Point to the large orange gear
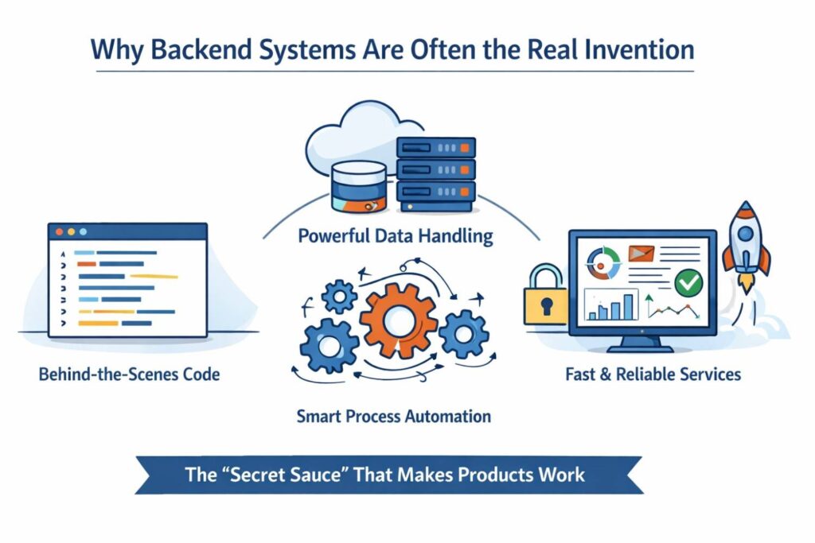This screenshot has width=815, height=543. tap(399, 318)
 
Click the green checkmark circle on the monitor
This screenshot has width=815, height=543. tap(686, 282)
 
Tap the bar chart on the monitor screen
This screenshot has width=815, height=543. tap(613, 304)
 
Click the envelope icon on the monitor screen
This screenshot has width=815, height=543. tap(641, 254)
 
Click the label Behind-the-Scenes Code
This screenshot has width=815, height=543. tap(129, 374)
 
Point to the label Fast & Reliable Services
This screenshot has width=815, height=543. tap(653, 374)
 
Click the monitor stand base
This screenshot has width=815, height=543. tap(640, 347)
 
